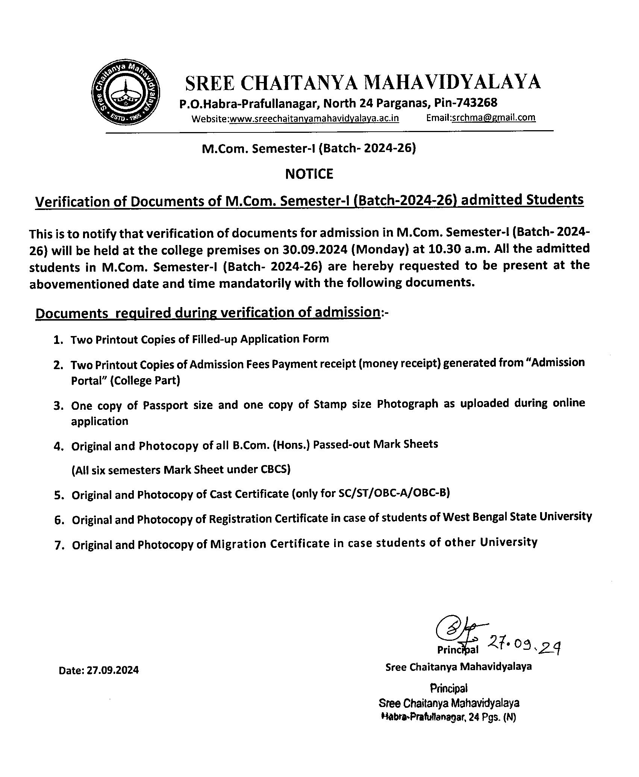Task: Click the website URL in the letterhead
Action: (x=314, y=119)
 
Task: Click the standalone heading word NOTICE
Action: (x=309, y=174)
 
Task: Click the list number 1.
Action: (x=58, y=340)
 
